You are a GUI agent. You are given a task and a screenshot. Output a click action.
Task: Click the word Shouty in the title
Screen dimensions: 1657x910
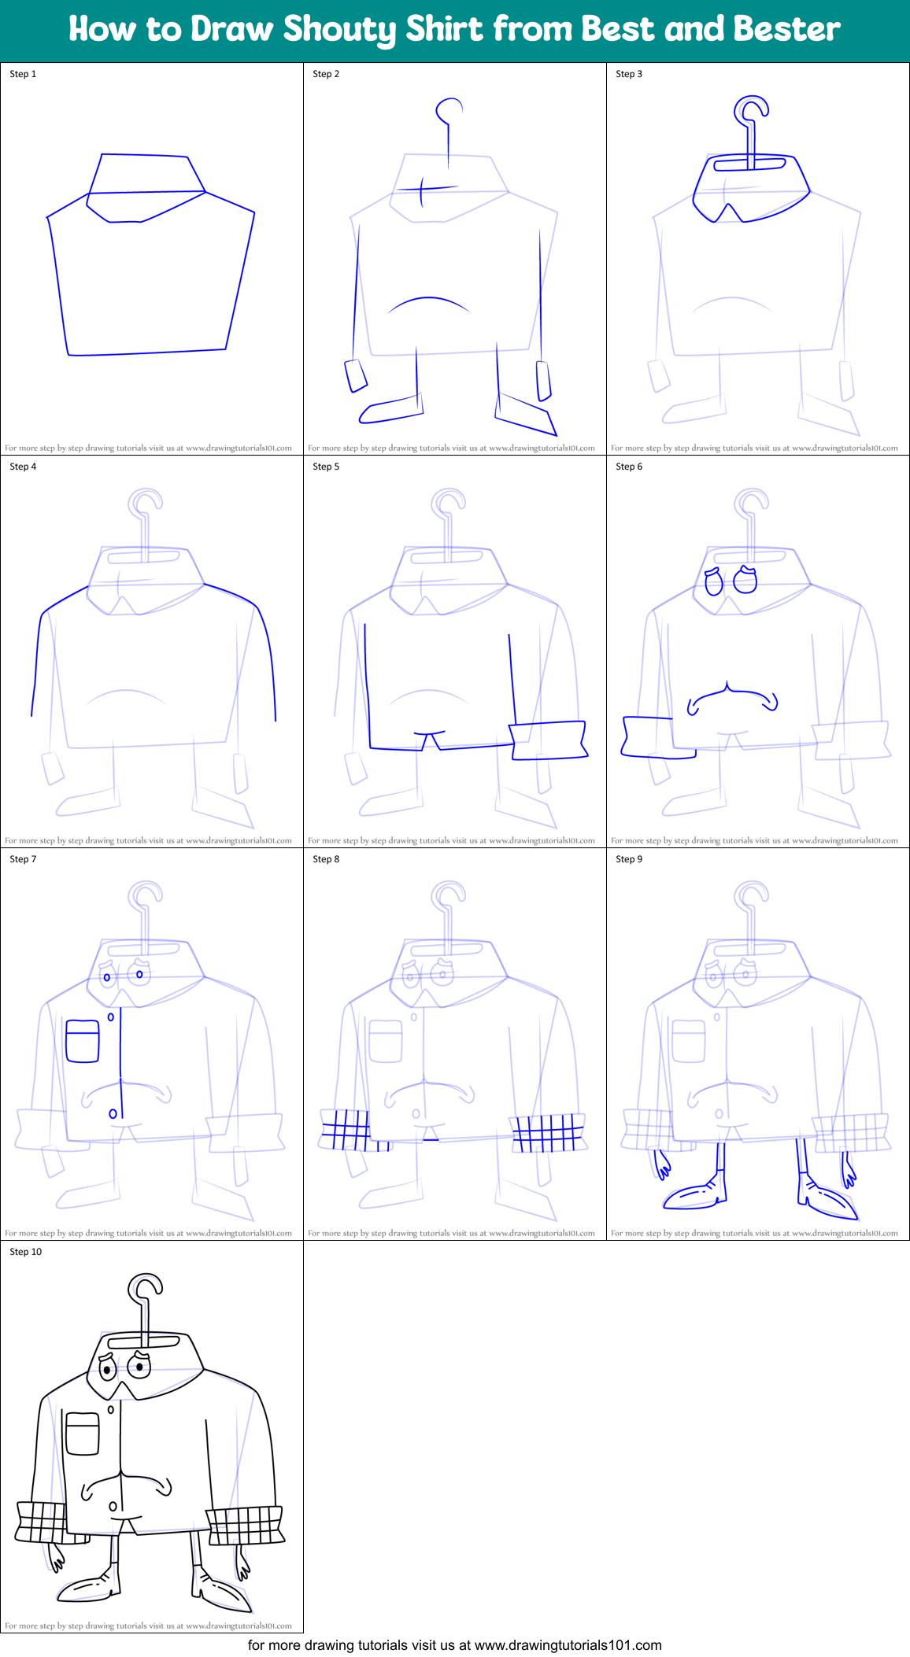(x=340, y=30)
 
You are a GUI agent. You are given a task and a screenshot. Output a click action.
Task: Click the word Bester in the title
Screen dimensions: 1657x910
(x=786, y=29)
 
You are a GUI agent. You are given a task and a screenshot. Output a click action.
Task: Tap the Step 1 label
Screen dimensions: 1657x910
(x=23, y=74)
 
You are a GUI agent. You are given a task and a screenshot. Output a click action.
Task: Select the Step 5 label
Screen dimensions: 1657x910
(x=326, y=467)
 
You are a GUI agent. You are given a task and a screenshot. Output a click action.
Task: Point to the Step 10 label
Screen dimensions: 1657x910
(x=26, y=1252)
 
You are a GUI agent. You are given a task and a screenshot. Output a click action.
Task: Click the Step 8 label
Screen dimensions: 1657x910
(x=326, y=859)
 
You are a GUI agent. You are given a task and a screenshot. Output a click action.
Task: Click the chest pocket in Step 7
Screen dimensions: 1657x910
(x=83, y=1041)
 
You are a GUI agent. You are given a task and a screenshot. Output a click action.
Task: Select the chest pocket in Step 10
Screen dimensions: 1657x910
(x=83, y=1434)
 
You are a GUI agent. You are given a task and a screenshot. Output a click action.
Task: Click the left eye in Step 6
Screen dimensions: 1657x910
(x=714, y=581)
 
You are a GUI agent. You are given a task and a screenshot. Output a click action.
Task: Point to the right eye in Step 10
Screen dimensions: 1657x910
(x=139, y=1367)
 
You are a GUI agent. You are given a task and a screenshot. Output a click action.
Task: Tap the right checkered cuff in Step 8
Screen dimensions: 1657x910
(x=549, y=1133)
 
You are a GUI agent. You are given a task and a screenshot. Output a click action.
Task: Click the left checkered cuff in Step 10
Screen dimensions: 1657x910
(x=41, y=1522)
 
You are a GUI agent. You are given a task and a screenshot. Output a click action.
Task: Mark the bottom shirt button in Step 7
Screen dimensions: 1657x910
(x=113, y=1113)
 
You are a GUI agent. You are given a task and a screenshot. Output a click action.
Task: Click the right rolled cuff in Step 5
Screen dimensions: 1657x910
(x=549, y=740)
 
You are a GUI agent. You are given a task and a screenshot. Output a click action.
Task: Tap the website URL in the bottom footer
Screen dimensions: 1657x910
(x=568, y=1645)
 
